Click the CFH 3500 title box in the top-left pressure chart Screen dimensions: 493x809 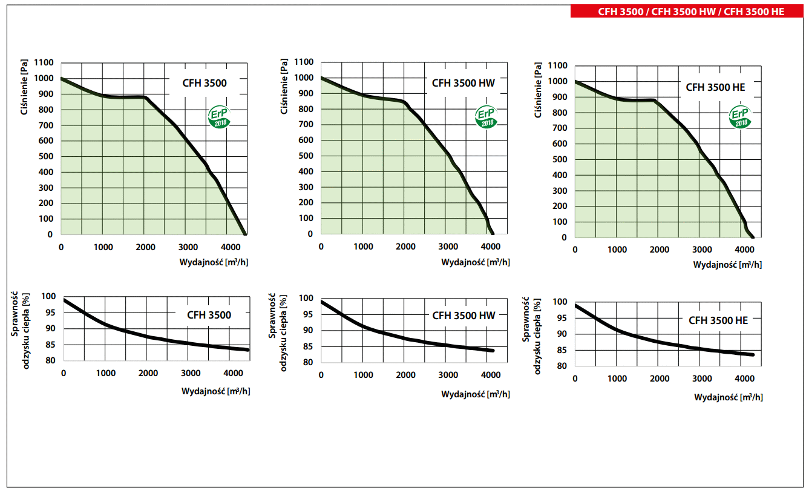pyautogui.click(x=205, y=83)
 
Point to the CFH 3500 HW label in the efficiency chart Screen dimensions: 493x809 pyautogui.click(x=463, y=316)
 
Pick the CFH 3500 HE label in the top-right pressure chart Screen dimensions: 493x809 pyautogui.click(x=715, y=87)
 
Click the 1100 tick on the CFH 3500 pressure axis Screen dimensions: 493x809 pyautogui.click(x=44, y=63)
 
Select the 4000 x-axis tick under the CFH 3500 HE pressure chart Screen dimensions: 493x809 pyautogui.click(x=744, y=250)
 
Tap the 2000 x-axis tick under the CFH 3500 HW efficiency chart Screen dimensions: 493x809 pyautogui.click(x=406, y=375)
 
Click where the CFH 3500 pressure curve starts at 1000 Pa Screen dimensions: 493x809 pyautogui.click(x=61, y=78)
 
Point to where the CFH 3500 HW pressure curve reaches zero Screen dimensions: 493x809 pyautogui.click(x=492, y=233)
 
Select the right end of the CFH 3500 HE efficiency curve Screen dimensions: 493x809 pyautogui.click(x=752, y=354)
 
